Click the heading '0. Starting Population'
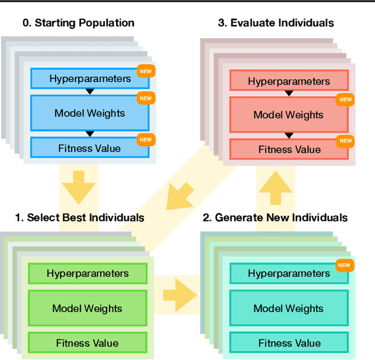click(79, 23)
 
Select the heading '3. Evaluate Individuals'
click(276, 23)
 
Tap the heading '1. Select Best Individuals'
click(80, 218)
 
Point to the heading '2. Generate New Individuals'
click(275, 218)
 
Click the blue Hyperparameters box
click(90, 79)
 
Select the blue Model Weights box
click(90, 113)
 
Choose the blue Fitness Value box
click(90, 148)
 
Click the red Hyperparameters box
click(288, 81)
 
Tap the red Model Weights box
click(288, 115)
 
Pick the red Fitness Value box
click(288, 150)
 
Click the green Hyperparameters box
click(88, 273)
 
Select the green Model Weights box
click(88, 308)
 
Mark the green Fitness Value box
click(88, 343)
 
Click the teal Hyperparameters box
click(288, 273)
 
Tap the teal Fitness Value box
click(288, 343)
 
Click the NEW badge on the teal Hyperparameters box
click(345, 266)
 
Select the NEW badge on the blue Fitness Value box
click(145, 140)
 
